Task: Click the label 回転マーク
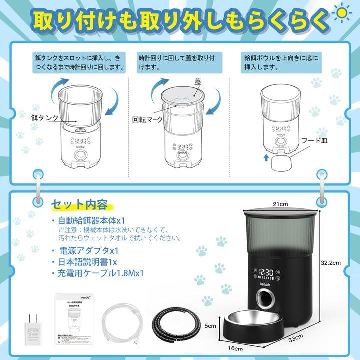pos(145,119)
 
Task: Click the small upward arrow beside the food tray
pos(265,157)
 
